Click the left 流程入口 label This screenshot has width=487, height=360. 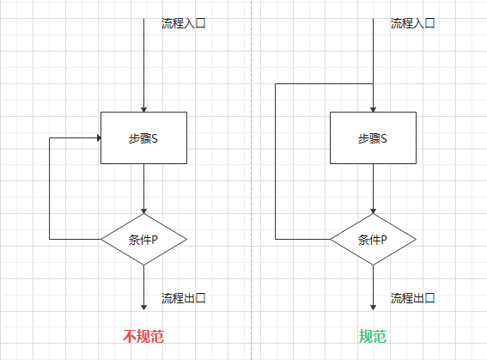(x=183, y=23)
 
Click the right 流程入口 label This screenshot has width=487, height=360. (x=412, y=23)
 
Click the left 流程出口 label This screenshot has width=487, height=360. (x=183, y=298)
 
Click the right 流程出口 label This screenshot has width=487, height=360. (x=412, y=298)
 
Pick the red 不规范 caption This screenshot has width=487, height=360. (x=143, y=336)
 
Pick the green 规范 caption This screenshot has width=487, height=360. (x=373, y=336)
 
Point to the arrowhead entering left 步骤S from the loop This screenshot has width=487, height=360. (x=96, y=137)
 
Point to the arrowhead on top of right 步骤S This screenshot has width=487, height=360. (x=373, y=107)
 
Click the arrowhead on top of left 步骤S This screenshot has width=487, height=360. (x=143, y=107)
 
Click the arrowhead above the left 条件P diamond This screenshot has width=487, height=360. (x=143, y=210)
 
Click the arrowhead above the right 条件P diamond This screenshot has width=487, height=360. (x=373, y=210)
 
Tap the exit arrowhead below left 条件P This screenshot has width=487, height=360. (x=143, y=306)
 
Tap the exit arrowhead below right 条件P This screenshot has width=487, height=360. (x=373, y=306)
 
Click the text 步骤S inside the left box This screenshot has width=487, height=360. (x=143, y=138)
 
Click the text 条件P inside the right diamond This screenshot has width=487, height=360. (x=373, y=239)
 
